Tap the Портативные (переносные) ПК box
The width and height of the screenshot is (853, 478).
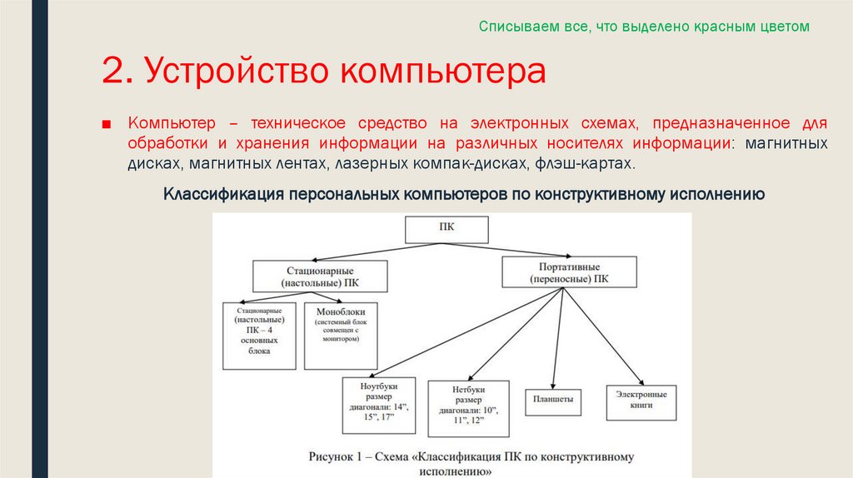(x=569, y=272)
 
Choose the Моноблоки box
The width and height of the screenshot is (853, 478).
(x=341, y=335)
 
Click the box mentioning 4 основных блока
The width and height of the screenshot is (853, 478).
(x=259, y=335)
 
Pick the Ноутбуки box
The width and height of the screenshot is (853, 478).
(x=378, y=405)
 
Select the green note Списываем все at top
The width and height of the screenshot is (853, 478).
(x=643, y=27)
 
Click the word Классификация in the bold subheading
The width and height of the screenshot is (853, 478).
(x=222, y=195)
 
